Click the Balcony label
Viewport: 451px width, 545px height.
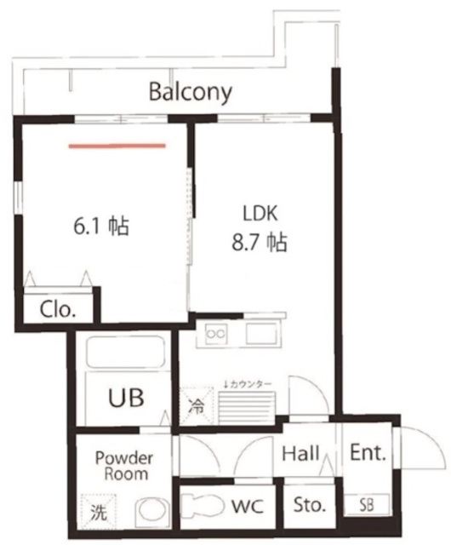point(191,92)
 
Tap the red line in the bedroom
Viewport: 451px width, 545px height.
point(117,146)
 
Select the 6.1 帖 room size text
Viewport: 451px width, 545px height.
point(101,227)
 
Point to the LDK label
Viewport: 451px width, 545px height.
point(260,213)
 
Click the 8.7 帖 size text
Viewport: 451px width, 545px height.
point(260,242)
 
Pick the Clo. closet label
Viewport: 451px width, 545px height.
point(58,309)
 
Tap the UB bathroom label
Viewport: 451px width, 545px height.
point(126,398)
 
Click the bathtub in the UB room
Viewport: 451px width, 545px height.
point(125,352)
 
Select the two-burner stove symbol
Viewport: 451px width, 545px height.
point(216,334)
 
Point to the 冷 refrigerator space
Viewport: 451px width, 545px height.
point(197,405)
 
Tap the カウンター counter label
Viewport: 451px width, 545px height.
point(248,384)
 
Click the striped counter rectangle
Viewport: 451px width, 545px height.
point(247,407)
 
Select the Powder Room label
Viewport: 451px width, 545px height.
point(124,466)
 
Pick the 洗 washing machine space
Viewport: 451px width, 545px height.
point(99,511)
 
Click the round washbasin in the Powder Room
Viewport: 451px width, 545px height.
point(152,513)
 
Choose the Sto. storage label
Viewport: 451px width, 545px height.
point(310,505)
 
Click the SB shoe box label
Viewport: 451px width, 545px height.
point(366,505)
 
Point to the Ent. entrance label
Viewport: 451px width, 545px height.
point(368,452)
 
